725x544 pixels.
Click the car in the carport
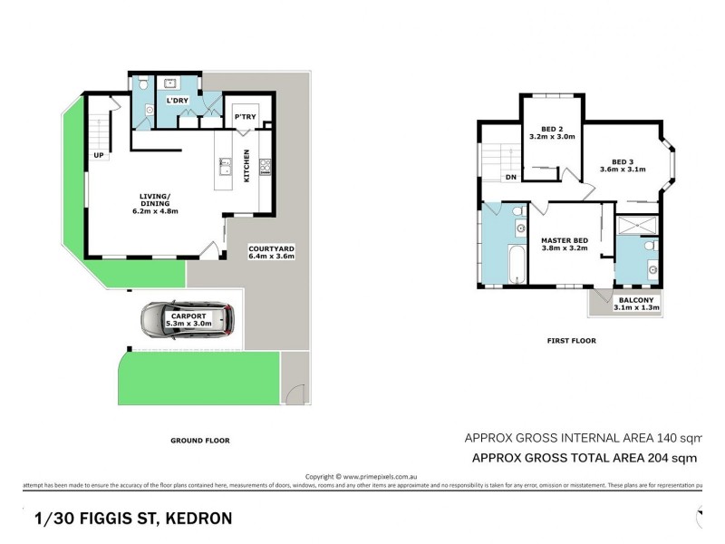tap(188, 318)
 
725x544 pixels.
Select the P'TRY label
tap(243, 118)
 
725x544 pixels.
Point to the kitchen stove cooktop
tap(265, 167)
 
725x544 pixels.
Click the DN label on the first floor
tap(511, 177)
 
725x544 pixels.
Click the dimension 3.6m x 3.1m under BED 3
tap(623, 170)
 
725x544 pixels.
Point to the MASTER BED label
tap(565, 239)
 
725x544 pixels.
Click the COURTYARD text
tap(271, 248)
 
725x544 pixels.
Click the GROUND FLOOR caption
tap(199, 441)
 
